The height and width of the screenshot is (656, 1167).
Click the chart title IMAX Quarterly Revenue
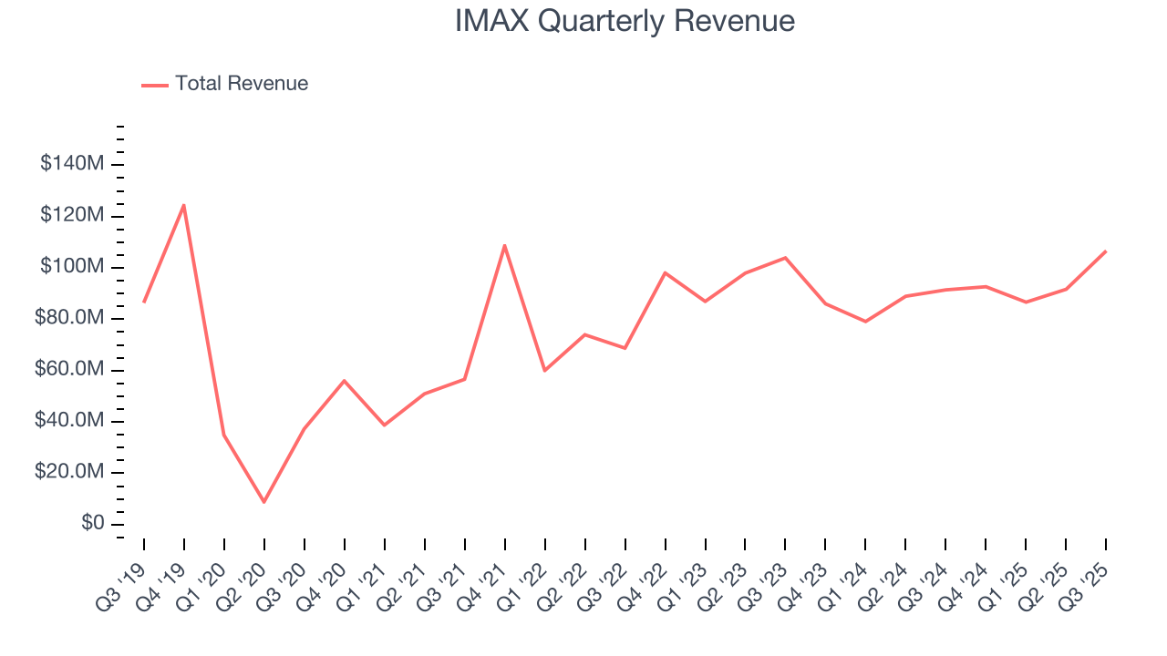tap(625, 21)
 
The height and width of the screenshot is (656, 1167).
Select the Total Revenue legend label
tap(242, 84)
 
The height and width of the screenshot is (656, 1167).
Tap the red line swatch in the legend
tap(155, 85)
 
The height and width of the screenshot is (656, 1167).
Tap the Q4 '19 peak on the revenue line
tap(184, 205)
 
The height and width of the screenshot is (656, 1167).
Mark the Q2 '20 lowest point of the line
tap(264, 502)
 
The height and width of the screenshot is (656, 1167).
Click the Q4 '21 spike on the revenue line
tap(504, 245)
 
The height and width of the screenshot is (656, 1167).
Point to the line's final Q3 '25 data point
tap(1106, 251)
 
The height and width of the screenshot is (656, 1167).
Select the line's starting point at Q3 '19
tap(144, 302)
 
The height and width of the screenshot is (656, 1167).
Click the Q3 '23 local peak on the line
tap(785, 258)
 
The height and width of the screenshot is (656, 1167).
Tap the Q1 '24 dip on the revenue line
tap(865, 322)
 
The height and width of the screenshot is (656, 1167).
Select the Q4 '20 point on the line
tap(345, 380)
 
